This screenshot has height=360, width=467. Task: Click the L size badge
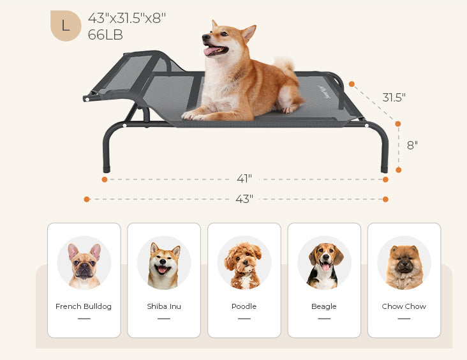pos(66,26)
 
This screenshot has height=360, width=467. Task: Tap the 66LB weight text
pos(105,35)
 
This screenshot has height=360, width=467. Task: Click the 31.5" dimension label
pos(394,98)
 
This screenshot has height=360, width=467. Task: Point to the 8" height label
pos(412,145)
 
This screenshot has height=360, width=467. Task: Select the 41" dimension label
pos(244,179)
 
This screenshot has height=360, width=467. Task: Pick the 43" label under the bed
pos(244,199)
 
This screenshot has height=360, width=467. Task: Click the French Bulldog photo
pos(84,263)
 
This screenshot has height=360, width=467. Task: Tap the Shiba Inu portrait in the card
pos(164,263)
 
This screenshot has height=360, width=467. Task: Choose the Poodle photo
pos(244,263)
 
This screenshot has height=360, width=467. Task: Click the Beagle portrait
pos(324,263)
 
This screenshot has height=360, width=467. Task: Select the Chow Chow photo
pos(404,263)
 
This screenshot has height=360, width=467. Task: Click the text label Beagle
pos(324,306)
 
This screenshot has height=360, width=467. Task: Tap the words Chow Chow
pos(404,306)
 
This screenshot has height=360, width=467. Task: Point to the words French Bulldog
pos(84,306)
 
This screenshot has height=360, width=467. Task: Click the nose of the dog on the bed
pos(205,37)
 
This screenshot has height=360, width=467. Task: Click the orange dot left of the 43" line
pos(87,199)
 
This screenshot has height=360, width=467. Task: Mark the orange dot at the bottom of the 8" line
pos(399,170)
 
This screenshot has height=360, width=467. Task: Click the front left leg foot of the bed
pos(107,169)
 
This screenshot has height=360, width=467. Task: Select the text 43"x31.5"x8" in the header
pos(127,18)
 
